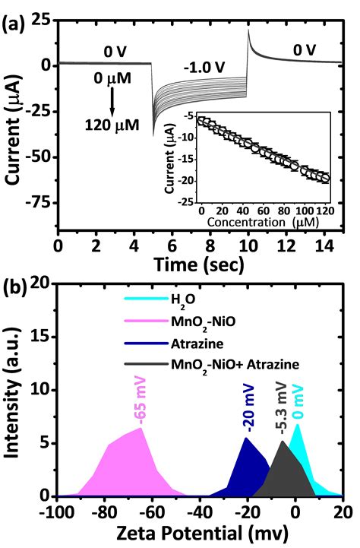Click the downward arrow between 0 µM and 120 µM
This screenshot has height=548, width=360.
112,101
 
